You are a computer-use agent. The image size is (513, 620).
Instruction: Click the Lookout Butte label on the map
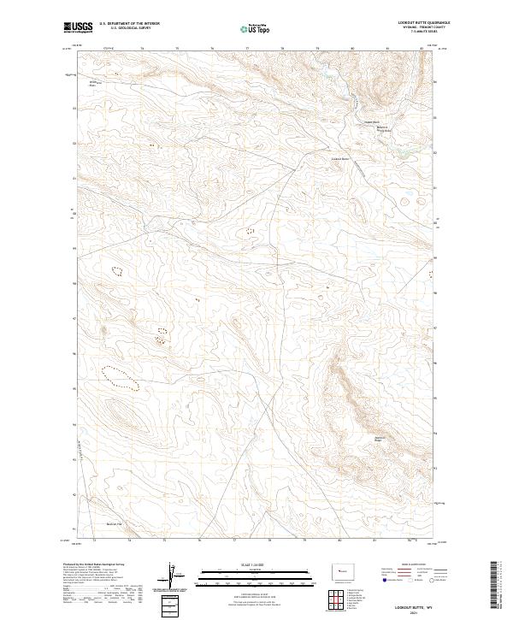tap(340, 158)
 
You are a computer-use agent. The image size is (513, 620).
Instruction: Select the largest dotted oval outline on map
tap(119, 376)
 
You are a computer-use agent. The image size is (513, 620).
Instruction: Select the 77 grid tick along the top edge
tap(246, 50)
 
